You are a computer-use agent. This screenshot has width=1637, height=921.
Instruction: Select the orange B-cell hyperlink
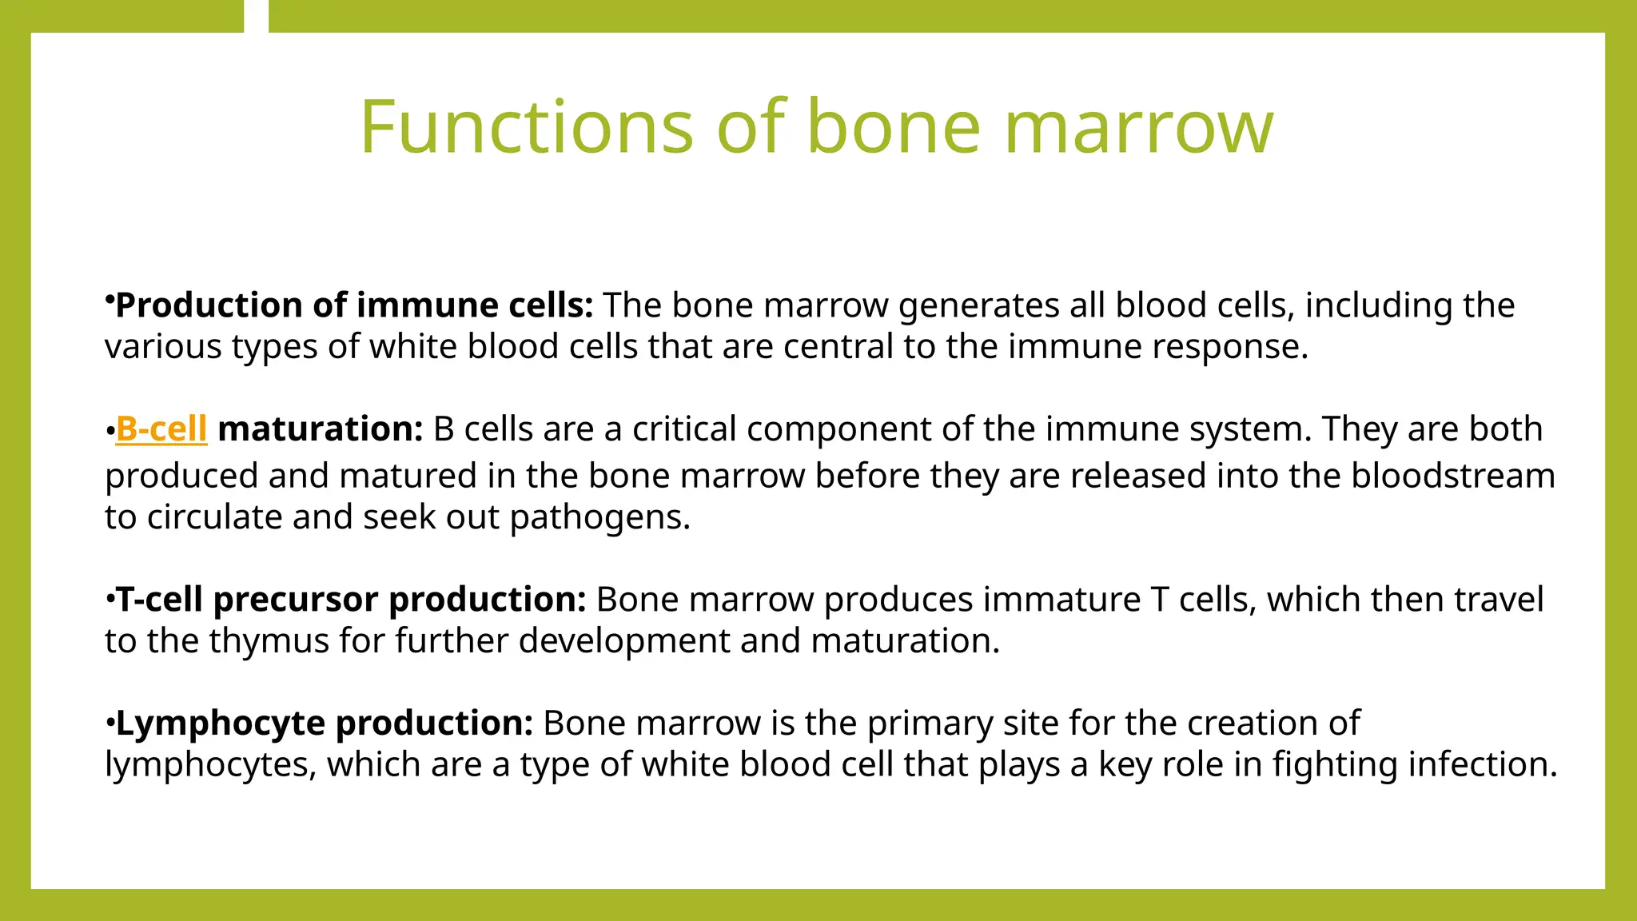tap(161, 429)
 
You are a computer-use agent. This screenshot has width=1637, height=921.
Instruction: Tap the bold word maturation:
tap(320, 429)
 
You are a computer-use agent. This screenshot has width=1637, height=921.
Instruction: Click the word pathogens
tap(599, 517)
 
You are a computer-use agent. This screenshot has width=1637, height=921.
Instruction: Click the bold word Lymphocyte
tap(221, 724)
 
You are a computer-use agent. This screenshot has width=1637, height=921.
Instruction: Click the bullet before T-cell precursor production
tap(110, 599)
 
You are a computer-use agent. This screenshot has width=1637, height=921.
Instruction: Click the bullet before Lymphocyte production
tap(110, 723)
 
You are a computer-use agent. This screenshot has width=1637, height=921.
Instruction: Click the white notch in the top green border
tap(256, 16)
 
